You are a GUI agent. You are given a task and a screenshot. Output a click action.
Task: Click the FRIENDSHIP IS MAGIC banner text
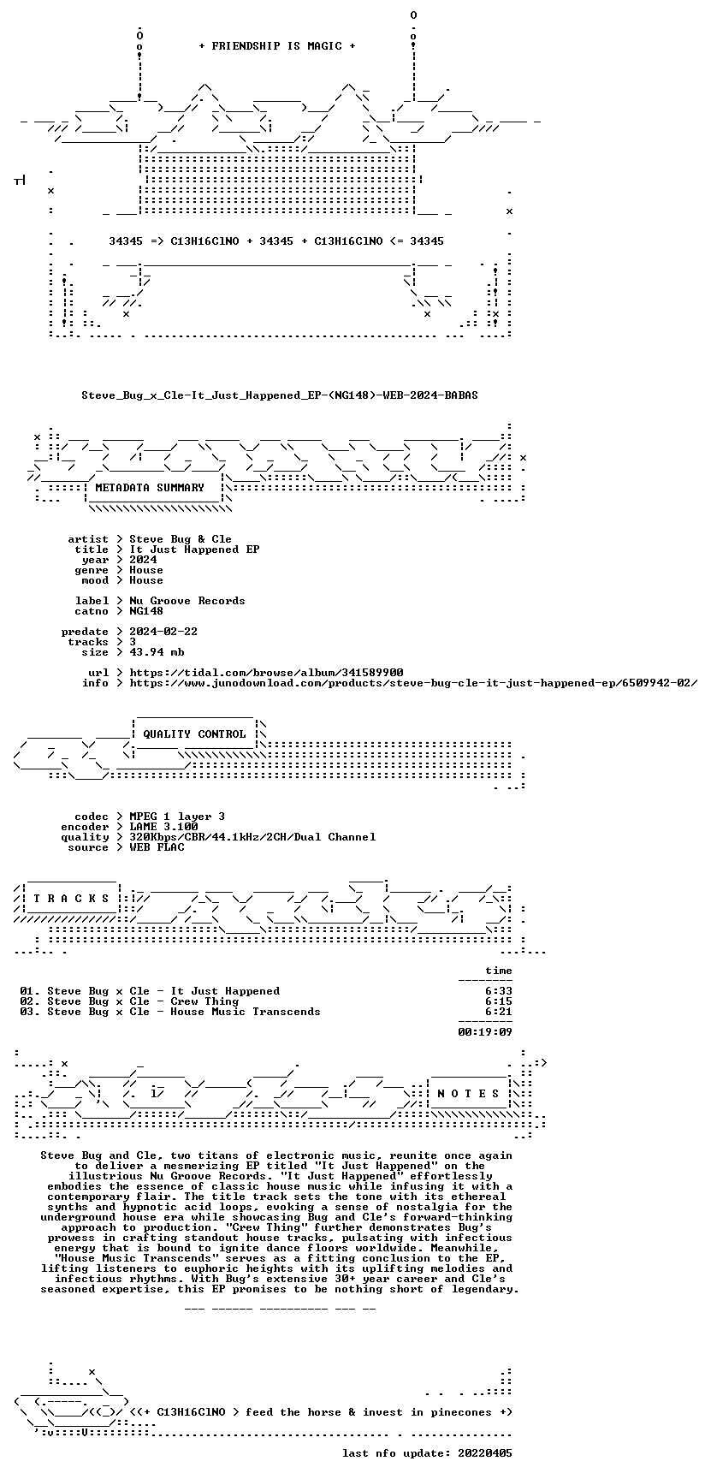tap(276, 46)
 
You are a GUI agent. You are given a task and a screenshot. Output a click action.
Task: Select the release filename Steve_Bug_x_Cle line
tap(280, 395)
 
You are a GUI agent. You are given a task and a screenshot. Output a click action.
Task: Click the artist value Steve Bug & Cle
tap(181, 539)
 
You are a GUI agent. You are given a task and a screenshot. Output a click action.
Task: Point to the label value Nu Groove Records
tap(187, 601)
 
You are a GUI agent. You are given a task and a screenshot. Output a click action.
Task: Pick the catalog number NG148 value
tap(146, 611)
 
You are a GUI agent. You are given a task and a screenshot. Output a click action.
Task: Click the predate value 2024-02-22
tap(163, 632)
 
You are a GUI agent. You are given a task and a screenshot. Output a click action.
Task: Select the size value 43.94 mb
tap(157, 652)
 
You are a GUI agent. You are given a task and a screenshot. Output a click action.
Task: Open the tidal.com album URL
tap(266, 673)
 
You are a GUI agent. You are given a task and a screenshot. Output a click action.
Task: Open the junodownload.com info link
tap(413, 683)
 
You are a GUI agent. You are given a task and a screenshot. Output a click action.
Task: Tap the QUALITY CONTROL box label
tap(194, 734)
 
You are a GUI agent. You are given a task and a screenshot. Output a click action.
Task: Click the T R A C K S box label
tap(71, 899)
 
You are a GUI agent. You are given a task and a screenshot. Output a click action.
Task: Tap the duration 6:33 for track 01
tap(499, 991)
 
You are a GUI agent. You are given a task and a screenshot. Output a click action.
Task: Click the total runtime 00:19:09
tap(485, 1032)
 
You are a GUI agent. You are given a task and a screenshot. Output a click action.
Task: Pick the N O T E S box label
tap(468, 1094)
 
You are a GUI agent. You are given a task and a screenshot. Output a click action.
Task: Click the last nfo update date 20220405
tap(485, 1453)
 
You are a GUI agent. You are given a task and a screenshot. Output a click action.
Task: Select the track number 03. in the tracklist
tap(30, 1012)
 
